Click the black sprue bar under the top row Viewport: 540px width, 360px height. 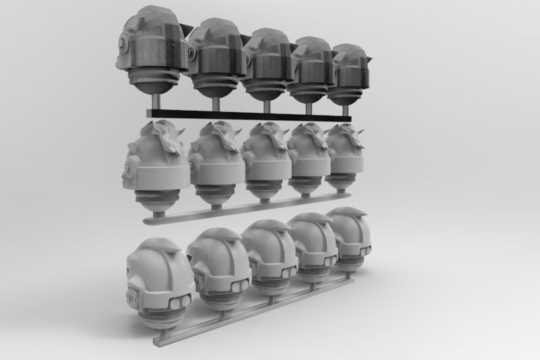pyautogui.click(x=250, y=113)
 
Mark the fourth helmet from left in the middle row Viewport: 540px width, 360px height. pyautogui.click(x=309, y=158)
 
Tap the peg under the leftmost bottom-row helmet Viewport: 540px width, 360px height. pyautogui.click(x=165, y=327)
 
